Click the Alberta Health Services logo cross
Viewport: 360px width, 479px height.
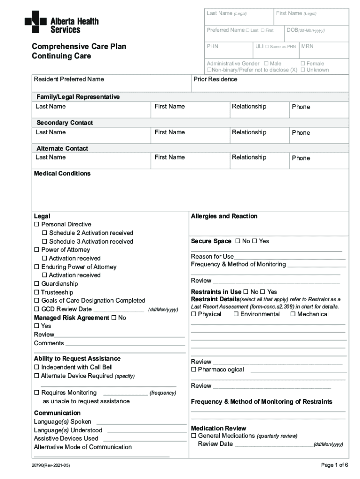(x=36, y=22)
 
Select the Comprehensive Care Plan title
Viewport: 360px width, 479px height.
(x=79, y=47)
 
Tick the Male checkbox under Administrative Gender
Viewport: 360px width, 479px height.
(x=266, y=64)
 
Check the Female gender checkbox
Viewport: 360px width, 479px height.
(x=302, y=64)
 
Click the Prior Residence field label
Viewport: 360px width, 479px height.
(x=215, y=79)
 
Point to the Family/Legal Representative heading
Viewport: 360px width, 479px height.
(x=78, y=97)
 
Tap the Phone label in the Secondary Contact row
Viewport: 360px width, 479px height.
(x=301, y=132)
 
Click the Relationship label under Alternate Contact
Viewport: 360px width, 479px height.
(x=249, y=158)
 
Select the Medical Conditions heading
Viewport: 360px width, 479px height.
(x=62, y=174)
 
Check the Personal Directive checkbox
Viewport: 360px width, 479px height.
(x=36, y=225)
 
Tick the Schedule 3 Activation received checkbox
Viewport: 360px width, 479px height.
(x=44, y=241)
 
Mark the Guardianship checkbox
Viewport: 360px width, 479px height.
(x=36, y=284)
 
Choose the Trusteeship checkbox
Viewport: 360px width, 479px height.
(x=36, y=292)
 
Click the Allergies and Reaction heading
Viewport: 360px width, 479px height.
(x=224, y=216)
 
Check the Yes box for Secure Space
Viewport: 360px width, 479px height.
(x=255, y=241)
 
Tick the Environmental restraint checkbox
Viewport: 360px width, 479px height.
(x=236, y=314)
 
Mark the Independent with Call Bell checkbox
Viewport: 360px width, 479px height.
(x=36, y=367)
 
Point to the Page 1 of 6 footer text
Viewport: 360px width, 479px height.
(x=334, y=465)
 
